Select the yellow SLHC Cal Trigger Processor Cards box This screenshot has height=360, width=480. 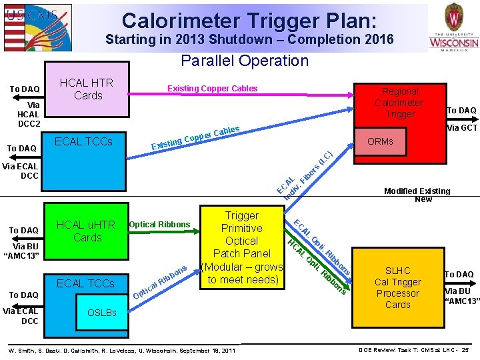pos(397,287)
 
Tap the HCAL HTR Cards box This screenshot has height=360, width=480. pos(87,89)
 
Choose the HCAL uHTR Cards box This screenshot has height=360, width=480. pos(87,231)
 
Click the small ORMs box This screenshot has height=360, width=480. pos(380,141)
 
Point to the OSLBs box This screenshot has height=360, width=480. pos(101,313)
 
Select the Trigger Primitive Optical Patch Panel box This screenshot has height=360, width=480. pos(241,247)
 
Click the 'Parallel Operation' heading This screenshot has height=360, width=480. pos(245,61)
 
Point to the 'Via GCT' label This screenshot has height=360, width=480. pos(461,128)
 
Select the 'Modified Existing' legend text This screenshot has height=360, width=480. pos(417,191)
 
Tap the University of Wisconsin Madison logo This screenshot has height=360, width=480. pos(453,27)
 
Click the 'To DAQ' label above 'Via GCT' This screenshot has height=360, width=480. pos(461,111)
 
